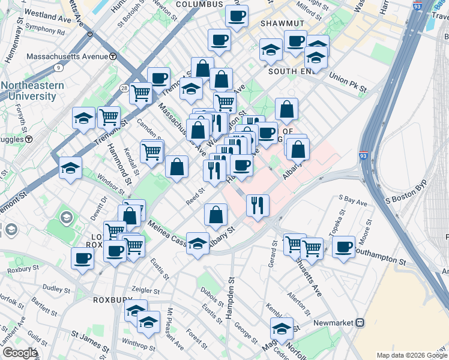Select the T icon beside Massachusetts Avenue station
tap(113, 57)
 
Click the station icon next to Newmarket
tap(360, 322)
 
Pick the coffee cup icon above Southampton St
tap(344, 247)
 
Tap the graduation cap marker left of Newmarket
tap(281, 328)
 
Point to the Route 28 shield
tap(124, 88)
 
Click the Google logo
tap(19, 353)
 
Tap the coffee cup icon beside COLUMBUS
tap(237, 16)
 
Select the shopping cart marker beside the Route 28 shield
tap(140, 93)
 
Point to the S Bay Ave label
tap(353, 201)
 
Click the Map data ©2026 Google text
tap(411, 355)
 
